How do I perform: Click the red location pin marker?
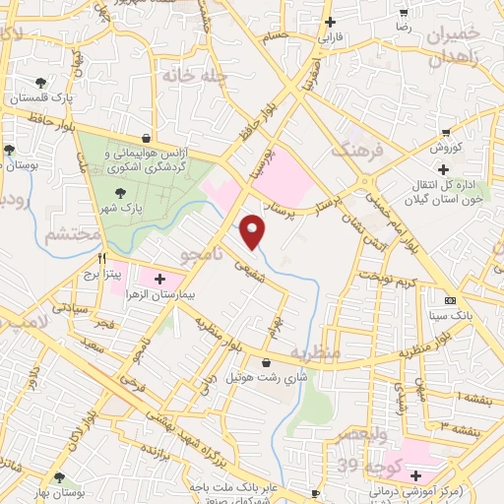[x=255, y=229]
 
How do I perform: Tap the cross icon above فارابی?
[x=329, y=23]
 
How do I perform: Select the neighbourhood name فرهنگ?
[x=353, y=151]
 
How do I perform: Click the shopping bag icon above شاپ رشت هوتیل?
[x=266, y=361]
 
